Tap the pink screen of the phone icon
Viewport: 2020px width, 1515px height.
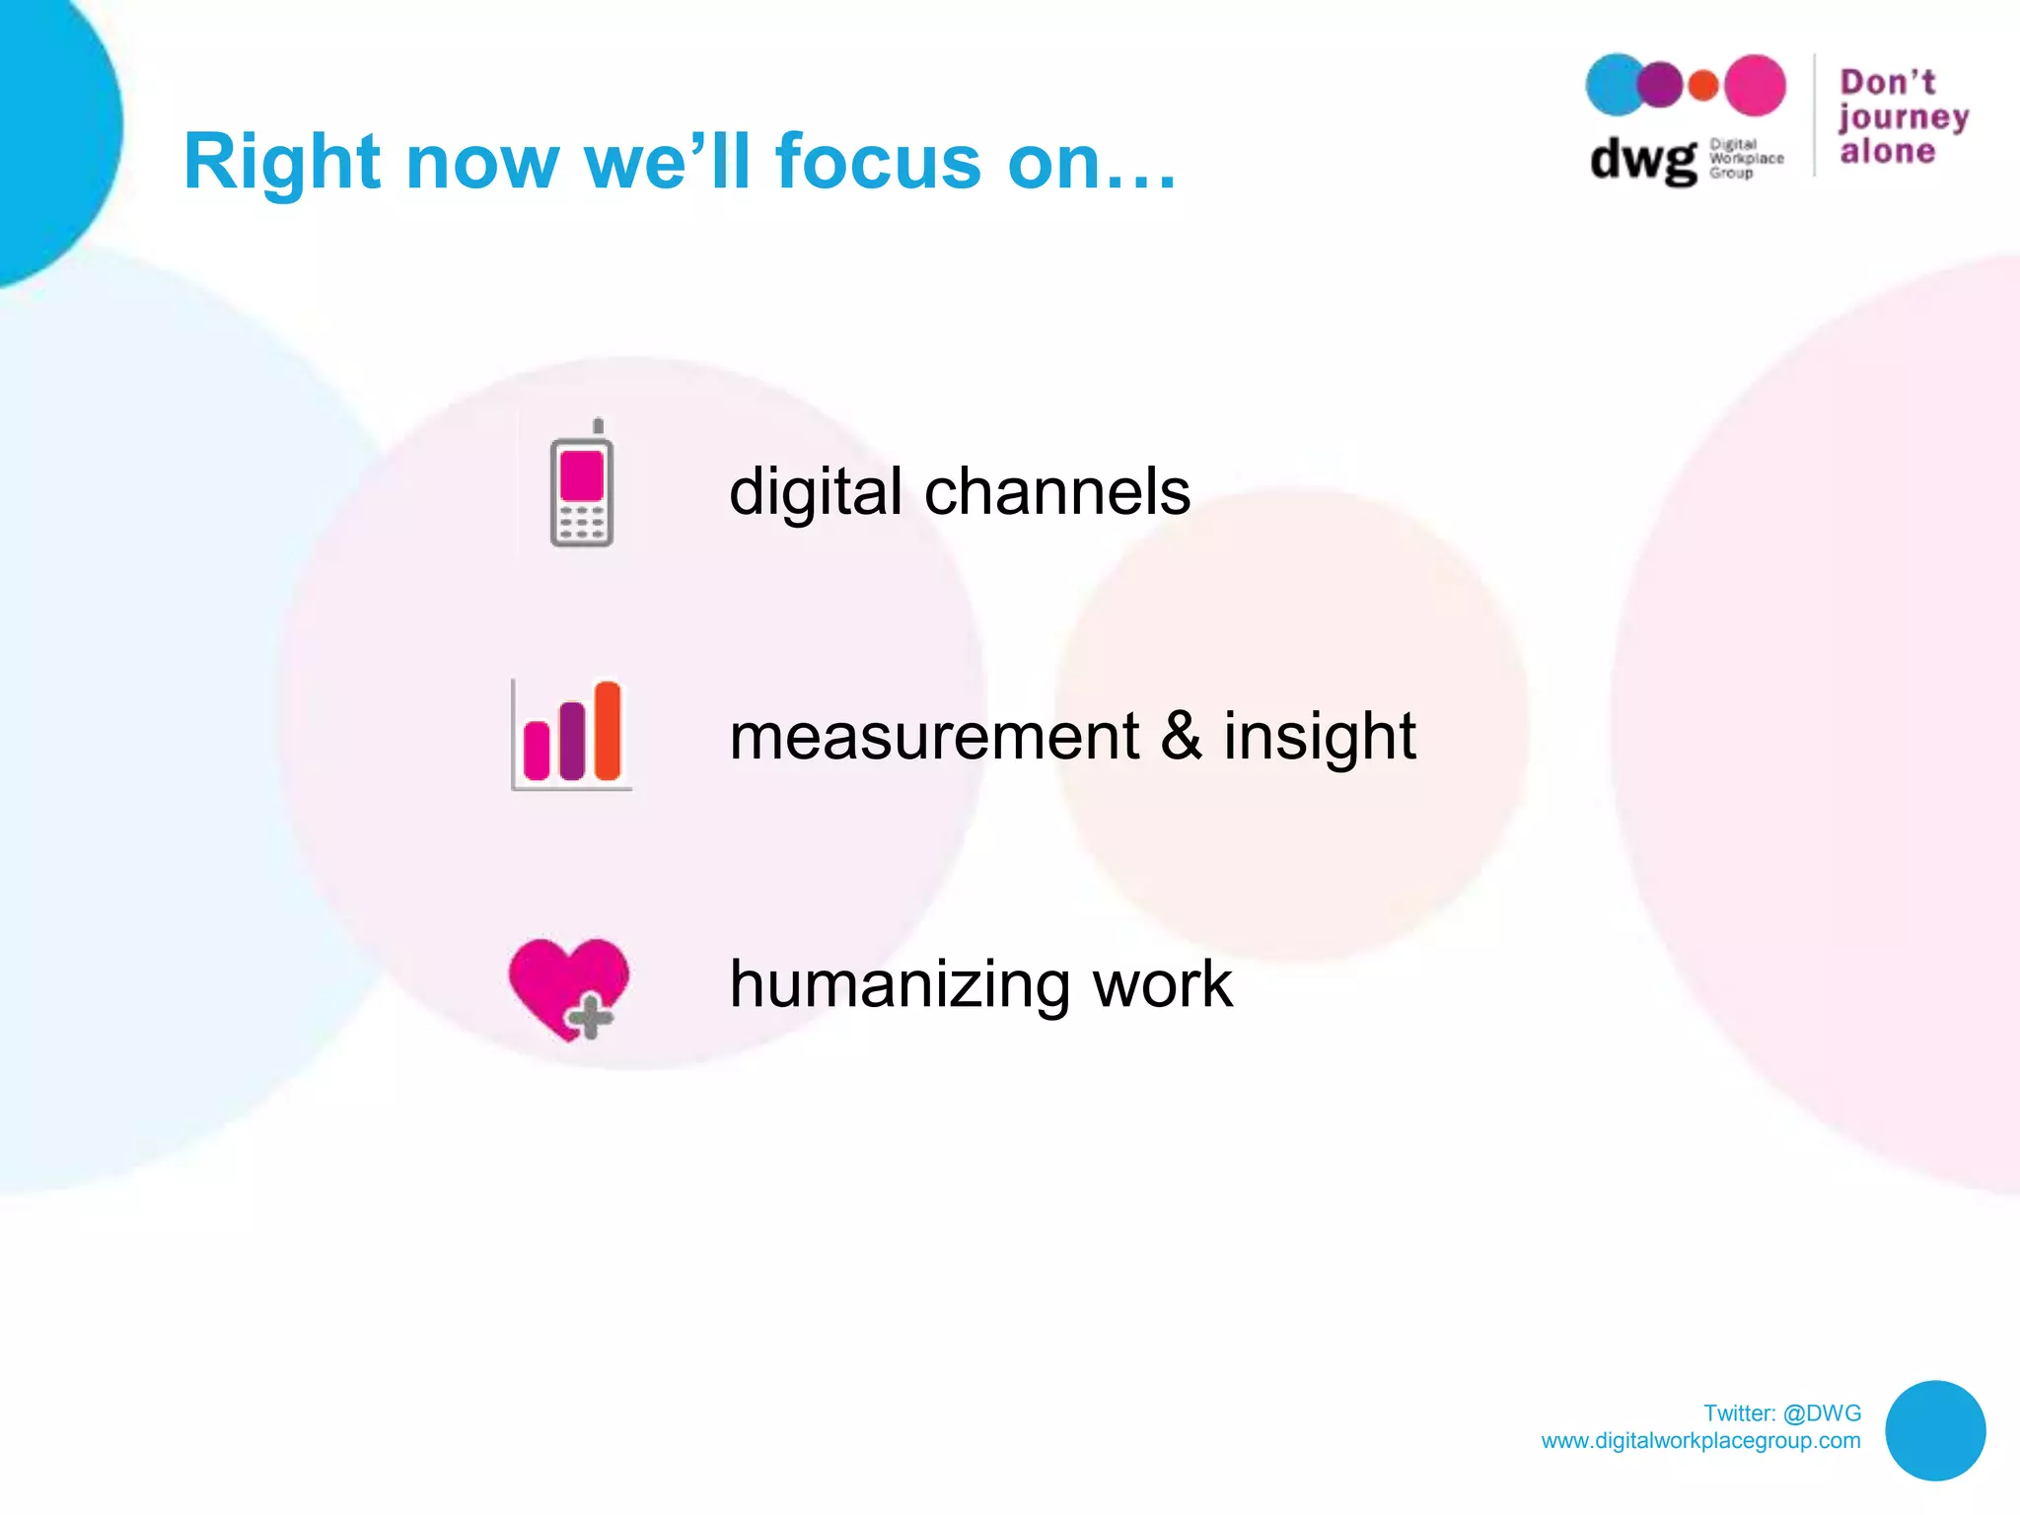[581, 475]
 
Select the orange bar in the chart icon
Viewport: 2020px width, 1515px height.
[608, 731]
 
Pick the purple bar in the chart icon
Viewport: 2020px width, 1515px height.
[572, 742]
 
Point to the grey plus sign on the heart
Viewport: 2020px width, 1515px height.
[590, 1017]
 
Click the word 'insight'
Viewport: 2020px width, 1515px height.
[1319, 738]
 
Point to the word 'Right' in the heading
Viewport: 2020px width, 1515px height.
[282, 163]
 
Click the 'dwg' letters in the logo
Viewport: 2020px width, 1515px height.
[1642, 160]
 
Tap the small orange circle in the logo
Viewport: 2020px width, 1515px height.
[1703, 86]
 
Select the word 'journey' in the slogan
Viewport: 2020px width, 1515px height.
[1904, 117]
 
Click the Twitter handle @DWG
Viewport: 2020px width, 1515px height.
[1822, 1412]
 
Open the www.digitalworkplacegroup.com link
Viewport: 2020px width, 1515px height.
[1700, 1440]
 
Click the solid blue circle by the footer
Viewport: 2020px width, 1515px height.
[1934, 1430]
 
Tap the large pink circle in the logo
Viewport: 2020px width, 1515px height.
[1754, 86]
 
